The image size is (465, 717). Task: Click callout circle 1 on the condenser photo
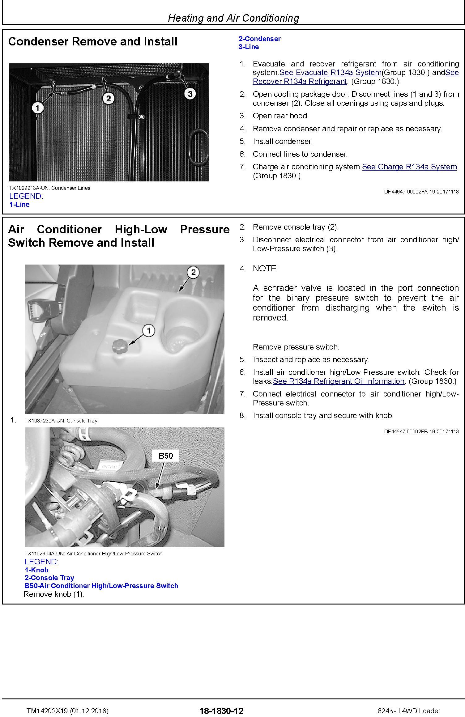tap(38, 108)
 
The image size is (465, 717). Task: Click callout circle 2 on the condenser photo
tap(108, 99)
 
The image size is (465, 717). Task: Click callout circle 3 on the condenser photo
tap(190, 94)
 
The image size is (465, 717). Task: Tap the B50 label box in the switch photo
tap(165, 456)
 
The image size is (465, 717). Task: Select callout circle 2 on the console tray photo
tap(193, 272)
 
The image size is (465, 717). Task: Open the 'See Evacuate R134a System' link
tap(330, 73)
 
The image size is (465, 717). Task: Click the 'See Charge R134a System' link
tap(409, 167)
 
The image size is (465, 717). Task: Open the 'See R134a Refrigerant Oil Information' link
tap(339, 381)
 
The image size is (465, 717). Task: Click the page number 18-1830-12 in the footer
tap(221, 711)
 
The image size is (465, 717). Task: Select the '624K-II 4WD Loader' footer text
tap(409, 711)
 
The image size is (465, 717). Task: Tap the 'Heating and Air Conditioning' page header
tap(233, 18)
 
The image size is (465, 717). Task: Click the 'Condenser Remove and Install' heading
tap(93, 42)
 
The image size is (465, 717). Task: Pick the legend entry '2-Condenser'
tap(259, 39)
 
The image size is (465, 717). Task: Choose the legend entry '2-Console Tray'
tap(49, 578)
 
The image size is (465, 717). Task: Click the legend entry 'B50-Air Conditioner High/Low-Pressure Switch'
tap(101, 586)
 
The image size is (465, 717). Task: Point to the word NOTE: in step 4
tap(266, 269)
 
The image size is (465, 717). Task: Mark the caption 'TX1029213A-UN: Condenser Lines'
tap(50, 188)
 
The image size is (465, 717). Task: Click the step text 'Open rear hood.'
tap(281, 116)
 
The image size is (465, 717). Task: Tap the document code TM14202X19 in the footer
tap(47, 711)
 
